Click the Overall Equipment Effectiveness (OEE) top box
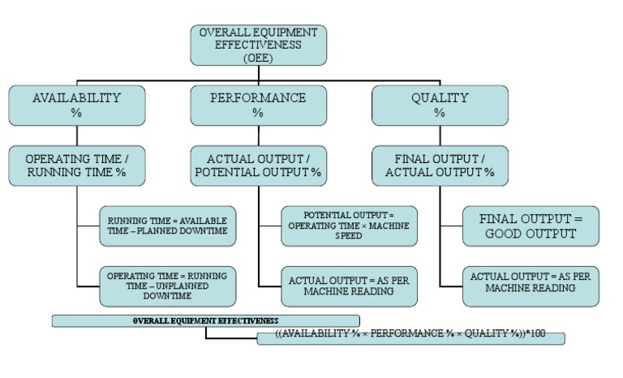point(258,45)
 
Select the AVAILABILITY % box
point(76,105)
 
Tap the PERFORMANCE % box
point(258,105)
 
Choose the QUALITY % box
point(440,105)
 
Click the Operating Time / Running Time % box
point(76,165)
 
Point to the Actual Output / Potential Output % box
point(258,165)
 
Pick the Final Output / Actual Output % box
point(440,165)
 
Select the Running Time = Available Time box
point(168,226)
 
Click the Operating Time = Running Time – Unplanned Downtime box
point(168,286)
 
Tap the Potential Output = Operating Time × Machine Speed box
point(350,226)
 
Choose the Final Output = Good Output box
point(531,226)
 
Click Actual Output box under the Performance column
point(350,286)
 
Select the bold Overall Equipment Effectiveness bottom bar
point(205,321)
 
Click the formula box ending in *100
point(410,337)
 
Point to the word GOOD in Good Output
point(509,234)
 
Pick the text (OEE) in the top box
point(258,58)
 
